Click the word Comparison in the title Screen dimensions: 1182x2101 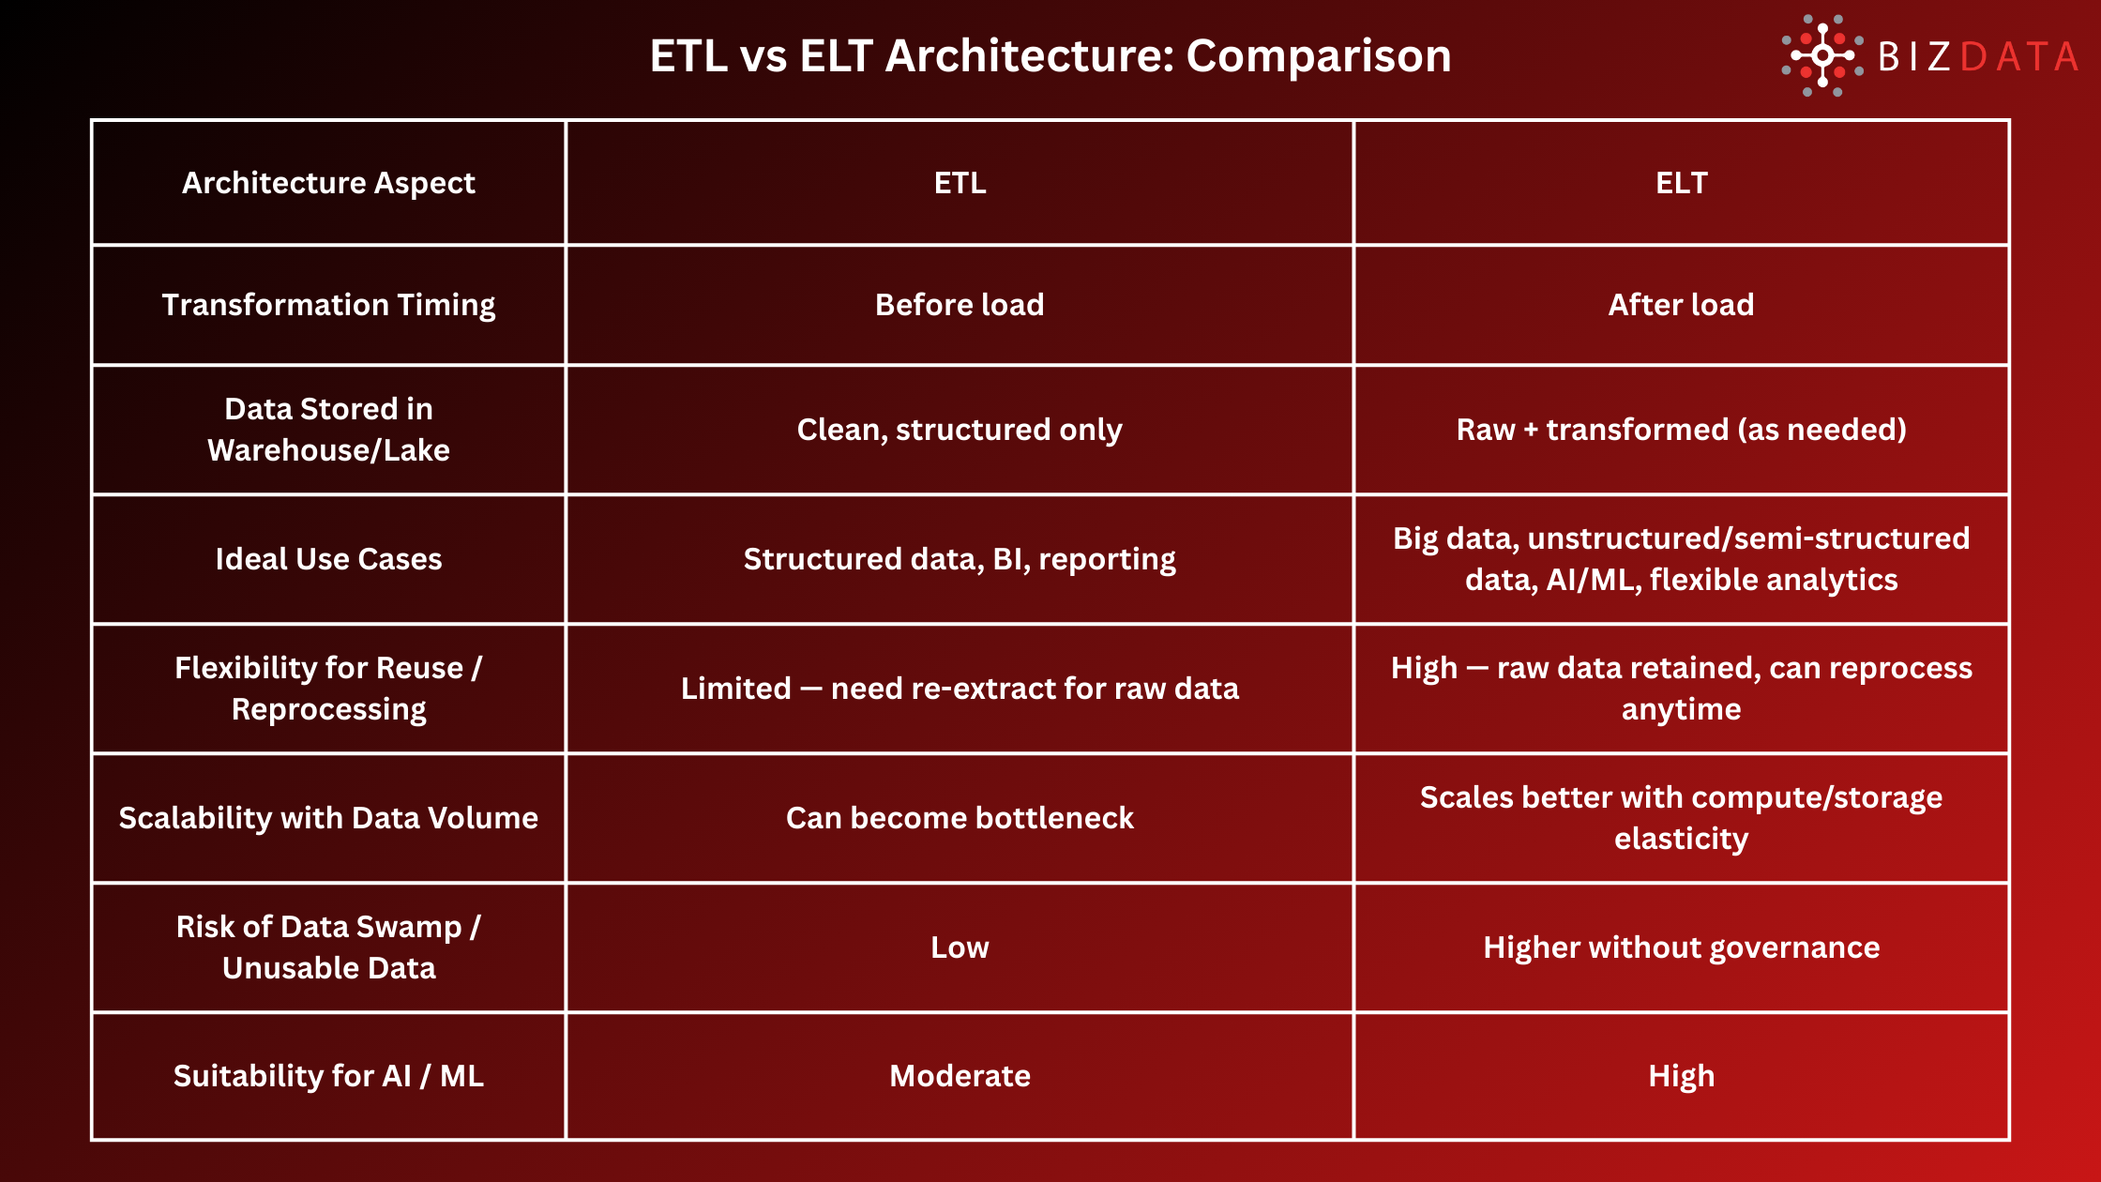coord(1318,56)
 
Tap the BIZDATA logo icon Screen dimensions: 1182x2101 coord(1822,55)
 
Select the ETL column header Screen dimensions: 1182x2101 coord(960,183)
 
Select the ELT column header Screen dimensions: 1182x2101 coord(1681,183)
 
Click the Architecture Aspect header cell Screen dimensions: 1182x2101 coord(328,183)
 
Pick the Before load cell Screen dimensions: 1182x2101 coord(960,305)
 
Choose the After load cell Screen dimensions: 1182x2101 coord(1681,305)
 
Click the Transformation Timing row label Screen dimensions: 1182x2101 coord(328,305)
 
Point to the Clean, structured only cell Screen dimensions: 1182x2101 coord(960,430)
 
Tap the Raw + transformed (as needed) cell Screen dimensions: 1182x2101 coord(1681,430)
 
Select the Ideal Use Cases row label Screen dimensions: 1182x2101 coord(328,559)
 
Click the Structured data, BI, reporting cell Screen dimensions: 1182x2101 coord(960,559)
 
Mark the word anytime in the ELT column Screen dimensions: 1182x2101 coord(1681,709)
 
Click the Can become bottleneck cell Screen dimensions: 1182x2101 coord(960,818)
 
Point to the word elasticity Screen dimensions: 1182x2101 coord(1681,839)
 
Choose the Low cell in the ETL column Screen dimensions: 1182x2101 coord(960,947)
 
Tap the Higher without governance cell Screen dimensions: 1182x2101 coord(1681,947)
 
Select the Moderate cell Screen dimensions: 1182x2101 coord(960,1076)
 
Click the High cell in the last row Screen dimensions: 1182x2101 coord(1681,1076)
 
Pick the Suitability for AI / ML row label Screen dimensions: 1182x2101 coord(328,1076)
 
